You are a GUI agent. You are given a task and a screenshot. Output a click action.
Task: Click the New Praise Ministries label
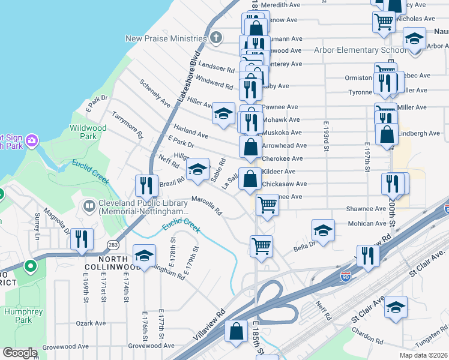click(x=166, y=38)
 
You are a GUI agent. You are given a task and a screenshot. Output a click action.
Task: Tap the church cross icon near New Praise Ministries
click(x=217, y=38)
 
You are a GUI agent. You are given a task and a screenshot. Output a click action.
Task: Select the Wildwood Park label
click(x=88, y=132)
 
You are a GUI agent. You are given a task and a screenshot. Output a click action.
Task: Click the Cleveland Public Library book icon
click(x=89, y=206)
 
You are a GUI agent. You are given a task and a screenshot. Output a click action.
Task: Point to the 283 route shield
click(x=112, y=244)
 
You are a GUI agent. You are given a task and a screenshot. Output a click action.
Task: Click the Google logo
click(x=20, y=353)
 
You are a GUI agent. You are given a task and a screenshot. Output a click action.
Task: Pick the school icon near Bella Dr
click(x=323, y=230)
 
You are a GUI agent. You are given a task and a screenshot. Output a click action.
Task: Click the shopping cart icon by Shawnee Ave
click(x=267, y=204)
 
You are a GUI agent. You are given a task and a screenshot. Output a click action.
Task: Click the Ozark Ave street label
click(x=91, y=323)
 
